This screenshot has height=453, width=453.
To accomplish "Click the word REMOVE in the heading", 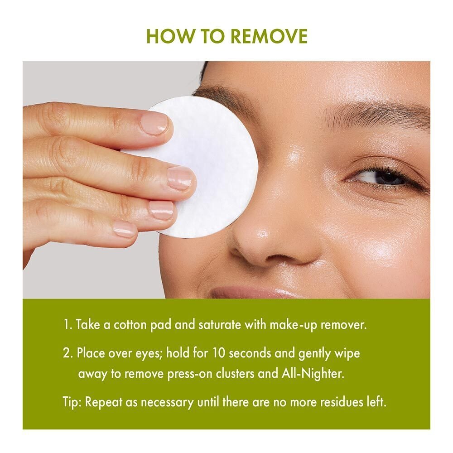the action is (269, 36).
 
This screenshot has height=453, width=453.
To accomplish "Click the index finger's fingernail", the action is (154, 124).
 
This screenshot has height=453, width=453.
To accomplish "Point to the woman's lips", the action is (248, 292).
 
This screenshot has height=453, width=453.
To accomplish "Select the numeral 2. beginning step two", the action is (68, 353).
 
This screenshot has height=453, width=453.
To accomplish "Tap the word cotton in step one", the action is (130, 325).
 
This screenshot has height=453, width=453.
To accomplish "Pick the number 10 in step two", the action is (219, 353).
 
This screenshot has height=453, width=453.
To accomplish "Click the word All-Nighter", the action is (313, 374).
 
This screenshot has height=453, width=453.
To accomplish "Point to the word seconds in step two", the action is (250, 353).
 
